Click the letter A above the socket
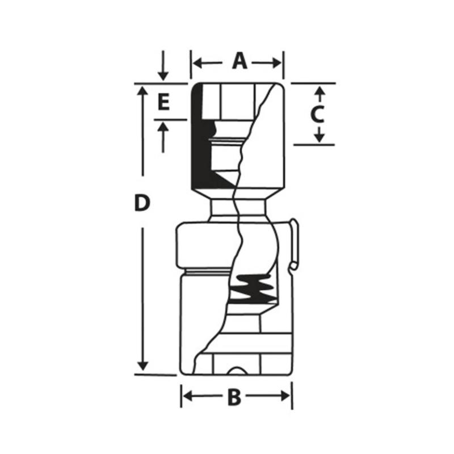pos(240,61)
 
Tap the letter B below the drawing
pos(234,398)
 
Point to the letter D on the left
pos(142,203)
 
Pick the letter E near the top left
pos(163,103)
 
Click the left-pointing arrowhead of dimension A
pos(196,62)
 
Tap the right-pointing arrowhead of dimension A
pos(278,62)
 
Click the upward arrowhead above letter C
pos(320,91)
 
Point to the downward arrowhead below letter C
pos(320,138)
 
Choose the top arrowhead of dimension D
pos(143,91)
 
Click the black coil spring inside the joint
pos(254,289)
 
